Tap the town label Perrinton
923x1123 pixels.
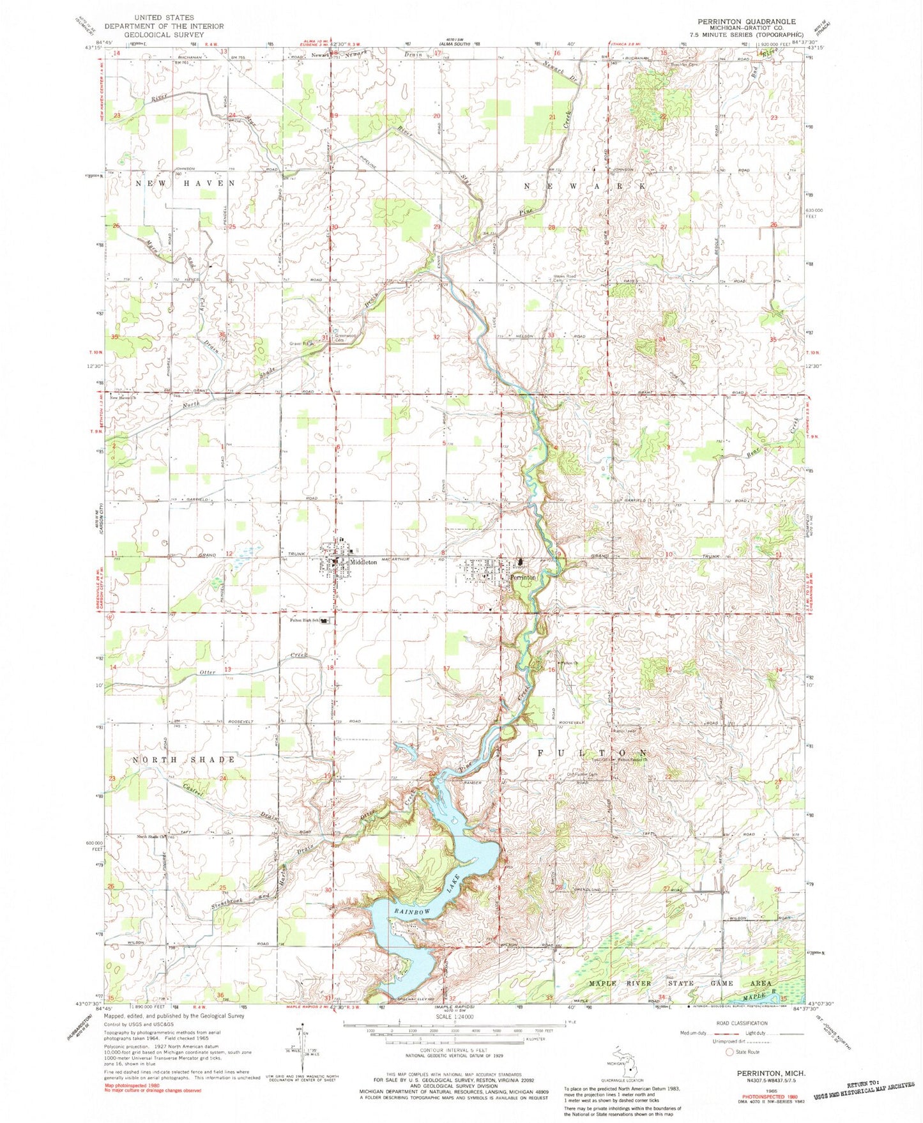pos(523,577)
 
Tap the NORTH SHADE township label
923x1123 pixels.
pos(183,760)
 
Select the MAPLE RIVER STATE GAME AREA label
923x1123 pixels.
pos(680,983)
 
